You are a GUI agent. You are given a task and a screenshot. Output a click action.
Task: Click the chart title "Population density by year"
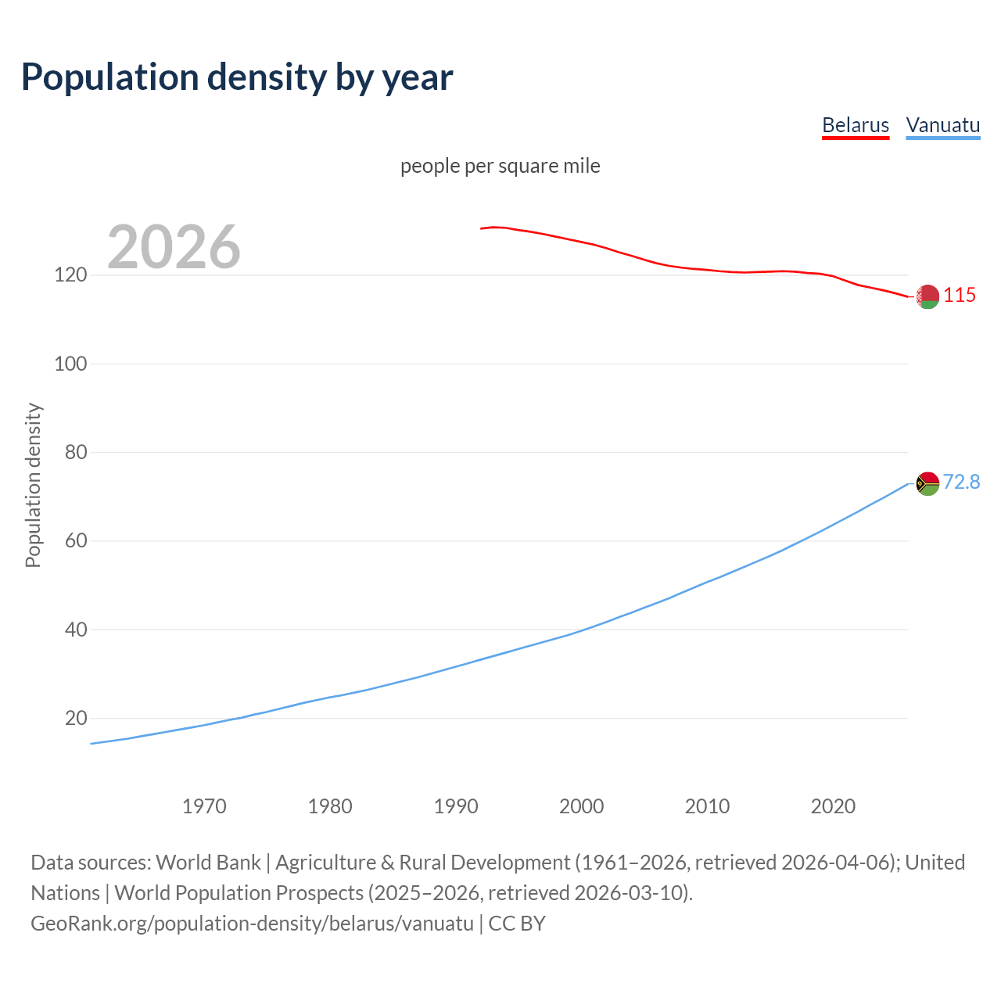point(237,77)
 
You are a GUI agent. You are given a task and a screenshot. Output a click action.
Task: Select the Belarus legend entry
point(856,125)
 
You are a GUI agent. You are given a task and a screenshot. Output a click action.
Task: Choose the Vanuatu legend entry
point(942,125)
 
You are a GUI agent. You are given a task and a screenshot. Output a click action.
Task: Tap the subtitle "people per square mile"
point(500,166)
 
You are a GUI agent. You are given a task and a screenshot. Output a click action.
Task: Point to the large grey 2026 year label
point(174,247)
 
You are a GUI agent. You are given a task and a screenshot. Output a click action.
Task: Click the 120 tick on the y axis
point(70,275)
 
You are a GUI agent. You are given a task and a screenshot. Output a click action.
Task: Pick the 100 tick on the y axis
point(70,364)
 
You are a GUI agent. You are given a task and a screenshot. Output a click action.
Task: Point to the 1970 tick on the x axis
point(204,806)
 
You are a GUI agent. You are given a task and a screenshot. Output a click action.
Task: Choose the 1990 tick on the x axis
point(456,806)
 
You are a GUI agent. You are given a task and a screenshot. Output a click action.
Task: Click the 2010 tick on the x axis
point(707,806)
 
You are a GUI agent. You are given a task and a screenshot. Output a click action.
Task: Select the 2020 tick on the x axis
point(833,806)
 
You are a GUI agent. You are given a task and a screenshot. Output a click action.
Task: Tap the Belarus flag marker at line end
point(927,296)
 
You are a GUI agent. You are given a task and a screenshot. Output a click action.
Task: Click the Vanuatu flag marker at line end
point(927,483)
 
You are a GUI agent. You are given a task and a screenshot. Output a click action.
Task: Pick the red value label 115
point(960,295)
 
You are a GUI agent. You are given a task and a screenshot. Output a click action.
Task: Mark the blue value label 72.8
point(961,482)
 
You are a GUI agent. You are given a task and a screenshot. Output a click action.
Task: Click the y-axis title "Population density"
point(33,485)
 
